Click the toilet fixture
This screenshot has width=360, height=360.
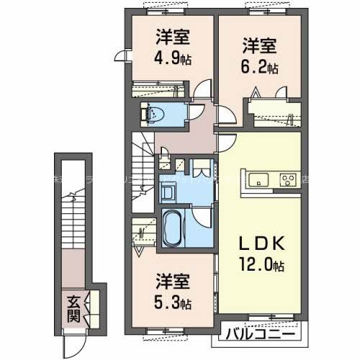click(153, 112)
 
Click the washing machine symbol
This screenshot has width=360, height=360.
click(170, 193)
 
